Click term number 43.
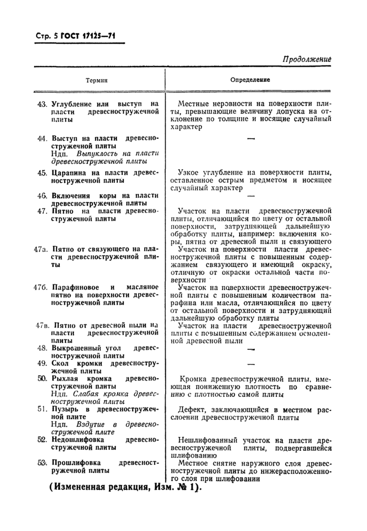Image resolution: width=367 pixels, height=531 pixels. [42, 104]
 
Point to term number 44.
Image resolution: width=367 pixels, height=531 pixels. [42, 138]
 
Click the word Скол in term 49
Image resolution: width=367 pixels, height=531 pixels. [60, 363]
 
